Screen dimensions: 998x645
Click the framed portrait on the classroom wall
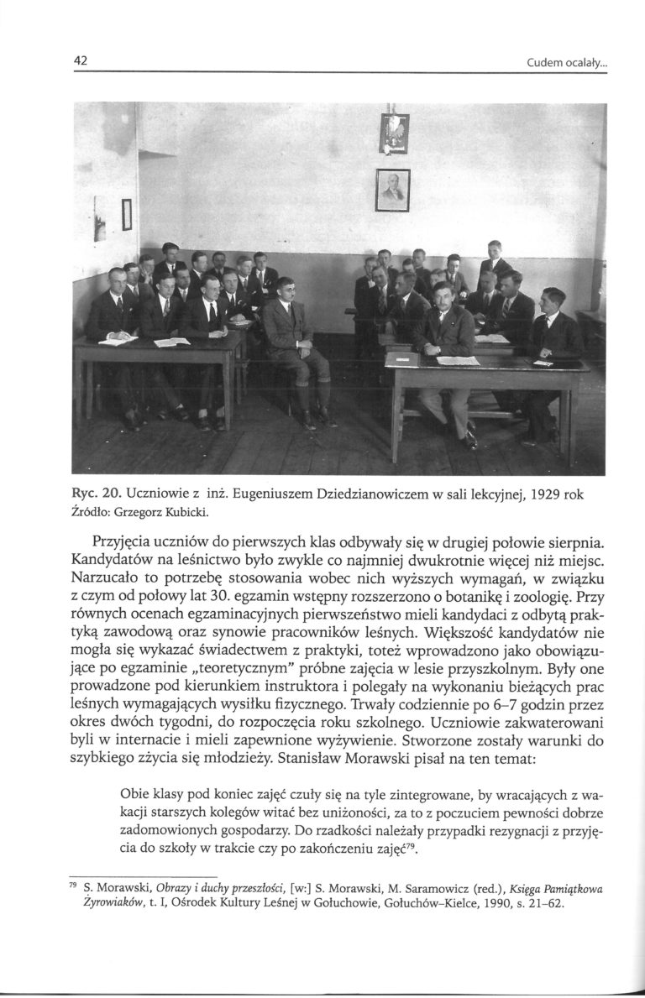pyautogui.click(x=392, y=190)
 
